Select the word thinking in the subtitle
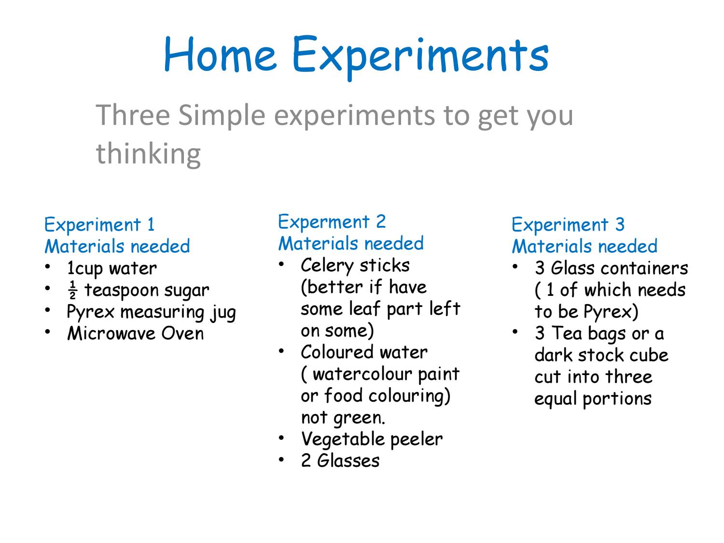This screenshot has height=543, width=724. [148, 154]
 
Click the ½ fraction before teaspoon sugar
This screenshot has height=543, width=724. [72, 290]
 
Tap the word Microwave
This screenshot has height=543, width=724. [111, 334]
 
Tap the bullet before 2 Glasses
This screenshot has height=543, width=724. [281, 459]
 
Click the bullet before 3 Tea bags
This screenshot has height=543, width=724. [515, 332]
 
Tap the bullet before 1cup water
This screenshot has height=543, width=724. [48, 267]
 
